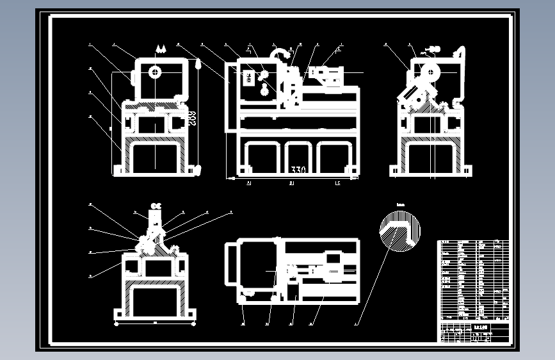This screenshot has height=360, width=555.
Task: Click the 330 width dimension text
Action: tap(298, 170)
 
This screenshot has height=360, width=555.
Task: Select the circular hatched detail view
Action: tap(400, 231)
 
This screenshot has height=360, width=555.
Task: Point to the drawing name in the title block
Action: tap(481, 325)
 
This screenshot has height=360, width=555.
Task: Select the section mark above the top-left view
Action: tap(160, 49)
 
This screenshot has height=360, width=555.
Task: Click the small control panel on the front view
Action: tap(248, 75)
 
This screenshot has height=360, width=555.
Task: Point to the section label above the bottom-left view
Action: tap(155, 206)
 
